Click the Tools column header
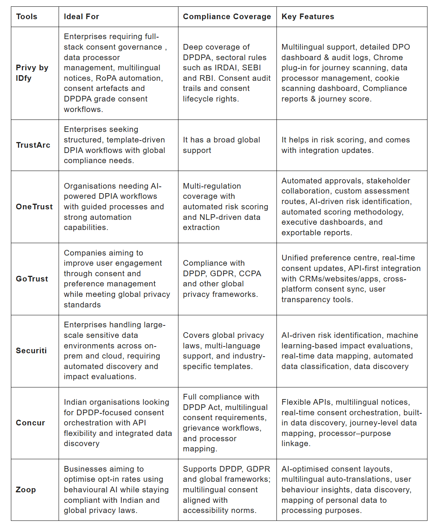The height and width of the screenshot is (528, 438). [27, 17]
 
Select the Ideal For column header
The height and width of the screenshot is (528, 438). [81, 17]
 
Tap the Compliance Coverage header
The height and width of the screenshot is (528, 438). [227, 17]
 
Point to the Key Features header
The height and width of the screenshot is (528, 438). [308, 17]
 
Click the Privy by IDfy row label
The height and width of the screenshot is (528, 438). [32, 73]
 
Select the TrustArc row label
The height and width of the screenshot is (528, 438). [33, 145]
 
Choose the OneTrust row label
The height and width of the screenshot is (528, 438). [34, 207]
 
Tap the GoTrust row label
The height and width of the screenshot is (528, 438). [32, 279]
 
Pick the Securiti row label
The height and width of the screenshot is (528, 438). [31, 351]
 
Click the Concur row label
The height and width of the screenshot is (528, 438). [30, 423]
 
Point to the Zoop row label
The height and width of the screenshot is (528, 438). [26, 490]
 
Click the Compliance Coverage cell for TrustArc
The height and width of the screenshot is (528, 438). [221, 145]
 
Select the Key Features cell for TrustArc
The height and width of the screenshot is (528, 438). [346, 145]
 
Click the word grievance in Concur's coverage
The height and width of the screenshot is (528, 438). [202, 428]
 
